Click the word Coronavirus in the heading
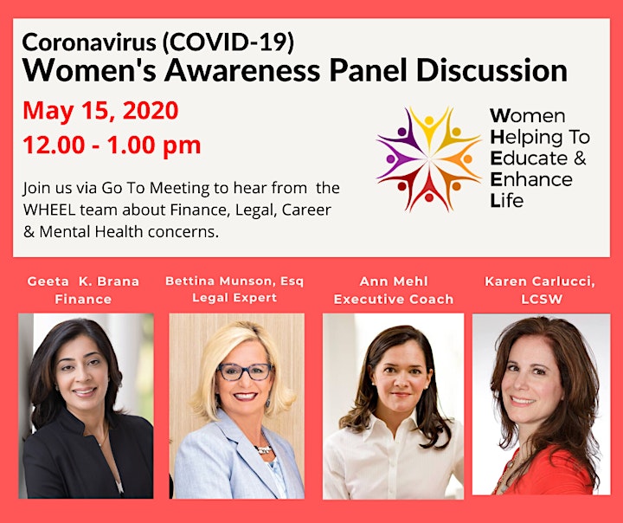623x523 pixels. (89, 42)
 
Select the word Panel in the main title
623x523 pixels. (368, 70)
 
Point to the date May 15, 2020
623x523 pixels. (100, 111)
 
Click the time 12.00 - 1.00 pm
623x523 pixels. (112, 145)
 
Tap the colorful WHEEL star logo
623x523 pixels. (428, 158)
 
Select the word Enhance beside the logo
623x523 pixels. (531, 179)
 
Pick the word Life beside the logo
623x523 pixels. (506, 200)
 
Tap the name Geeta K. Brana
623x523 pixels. (83, 281)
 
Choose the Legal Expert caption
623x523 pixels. (234, 298)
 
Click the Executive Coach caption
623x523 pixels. (394, 299)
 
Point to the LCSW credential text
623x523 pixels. (542, 299)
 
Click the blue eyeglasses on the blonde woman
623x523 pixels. (245, 371)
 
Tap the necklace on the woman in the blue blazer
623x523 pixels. (264, 449)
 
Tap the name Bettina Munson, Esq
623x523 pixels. (234, 281)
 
